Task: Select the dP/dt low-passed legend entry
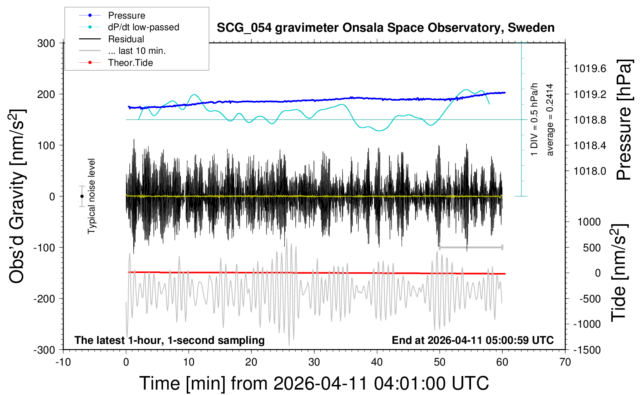(143, 27)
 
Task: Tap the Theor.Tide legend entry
(130, 63)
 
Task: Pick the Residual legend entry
(126, 39)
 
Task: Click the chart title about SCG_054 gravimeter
(385, 28)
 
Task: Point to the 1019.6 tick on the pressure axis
(590, 69)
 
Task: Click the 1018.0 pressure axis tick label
(590, 171)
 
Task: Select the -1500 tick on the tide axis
(587, 350)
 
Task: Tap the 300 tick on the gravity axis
(46, 43)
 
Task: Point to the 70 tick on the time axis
(565, 362)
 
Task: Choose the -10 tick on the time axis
(63, 362)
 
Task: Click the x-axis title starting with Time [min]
(314, 383)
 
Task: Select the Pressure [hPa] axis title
(624, 120)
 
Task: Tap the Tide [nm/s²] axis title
(619, 272)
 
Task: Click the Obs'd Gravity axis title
(17, 196)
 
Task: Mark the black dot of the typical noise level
(82, 196)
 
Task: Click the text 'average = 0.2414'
(550, 120)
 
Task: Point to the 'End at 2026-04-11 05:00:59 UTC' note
(473, 340)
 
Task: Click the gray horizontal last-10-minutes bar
(471, 247)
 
